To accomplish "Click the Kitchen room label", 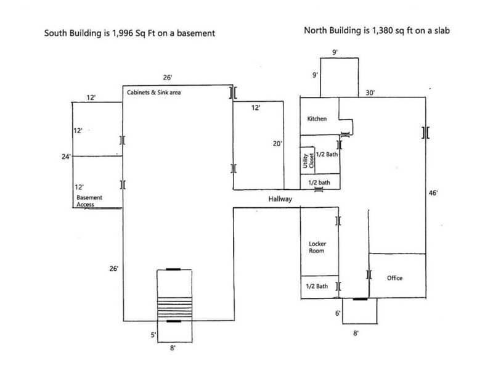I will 317,119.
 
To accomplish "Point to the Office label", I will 394,278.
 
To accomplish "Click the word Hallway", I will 279,199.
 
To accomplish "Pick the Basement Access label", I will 89,200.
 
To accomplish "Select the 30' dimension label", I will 370,92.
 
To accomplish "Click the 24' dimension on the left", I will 65,157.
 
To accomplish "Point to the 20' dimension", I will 278,143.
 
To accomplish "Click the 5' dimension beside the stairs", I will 153,335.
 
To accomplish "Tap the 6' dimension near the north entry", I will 338,313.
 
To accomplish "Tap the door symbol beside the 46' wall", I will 425,132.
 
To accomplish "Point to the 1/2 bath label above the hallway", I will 319,183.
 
